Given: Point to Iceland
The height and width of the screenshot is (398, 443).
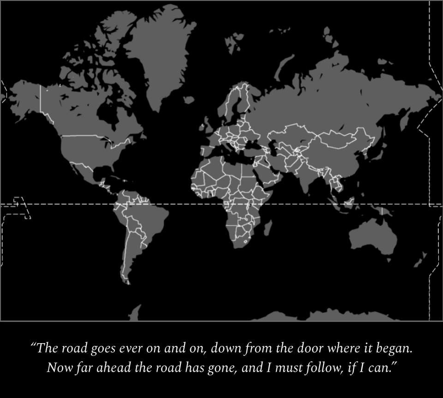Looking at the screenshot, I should (x=188, y=100).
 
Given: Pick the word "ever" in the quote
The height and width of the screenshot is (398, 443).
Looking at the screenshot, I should (x=131, y=348).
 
